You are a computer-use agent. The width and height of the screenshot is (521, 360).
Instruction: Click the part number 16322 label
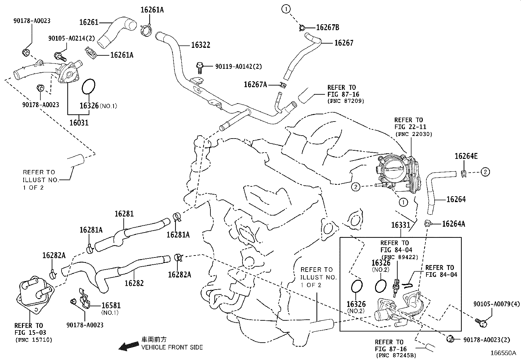tap(201, 45)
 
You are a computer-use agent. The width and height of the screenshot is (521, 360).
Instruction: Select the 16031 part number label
tap(79, 123)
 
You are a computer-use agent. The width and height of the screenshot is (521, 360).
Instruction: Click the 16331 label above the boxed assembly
tap(401, 225)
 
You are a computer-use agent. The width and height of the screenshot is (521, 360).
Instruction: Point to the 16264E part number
tap(466, 156)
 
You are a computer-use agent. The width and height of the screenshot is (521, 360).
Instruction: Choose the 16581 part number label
tap(111, 305)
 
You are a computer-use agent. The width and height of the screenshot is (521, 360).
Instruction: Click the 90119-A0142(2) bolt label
tap(239, 66)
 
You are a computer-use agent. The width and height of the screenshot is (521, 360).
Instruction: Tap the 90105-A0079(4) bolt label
tap(496, 304)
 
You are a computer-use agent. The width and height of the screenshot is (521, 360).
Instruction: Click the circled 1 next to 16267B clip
tap(286, 9)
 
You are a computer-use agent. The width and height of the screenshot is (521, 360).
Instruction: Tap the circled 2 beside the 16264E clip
tap(485, 172)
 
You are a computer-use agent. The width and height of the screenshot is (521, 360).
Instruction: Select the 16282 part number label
tap(134, 283)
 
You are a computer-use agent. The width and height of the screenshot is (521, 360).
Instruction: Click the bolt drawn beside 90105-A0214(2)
tap(60, 57)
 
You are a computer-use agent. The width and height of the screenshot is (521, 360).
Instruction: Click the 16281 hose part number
tap(124, 214)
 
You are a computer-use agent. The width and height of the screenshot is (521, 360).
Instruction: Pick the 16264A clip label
tap(453, 224)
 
